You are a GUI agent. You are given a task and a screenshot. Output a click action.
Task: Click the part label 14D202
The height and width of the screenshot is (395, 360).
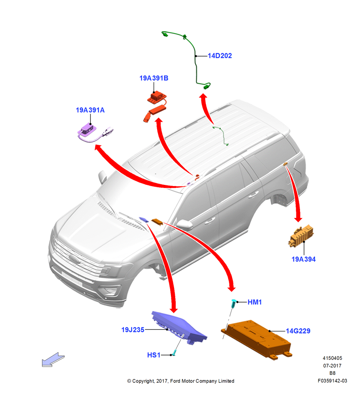(x=219, y=56)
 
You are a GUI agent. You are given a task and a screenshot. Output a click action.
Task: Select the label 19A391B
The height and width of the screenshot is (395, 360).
(x=154, y=78)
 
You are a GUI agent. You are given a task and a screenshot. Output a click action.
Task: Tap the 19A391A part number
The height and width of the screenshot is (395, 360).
(x=90, y=110)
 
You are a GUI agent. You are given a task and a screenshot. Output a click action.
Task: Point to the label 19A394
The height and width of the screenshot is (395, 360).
(x=304, y=259)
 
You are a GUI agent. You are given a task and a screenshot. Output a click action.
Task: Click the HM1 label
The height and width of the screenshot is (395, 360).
(x=255, y=302)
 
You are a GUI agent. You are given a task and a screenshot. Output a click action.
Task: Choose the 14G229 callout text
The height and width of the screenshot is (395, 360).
(x=298, y=331)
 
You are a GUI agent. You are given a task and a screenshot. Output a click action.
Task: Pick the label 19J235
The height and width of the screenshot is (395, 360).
(x=133, y=330)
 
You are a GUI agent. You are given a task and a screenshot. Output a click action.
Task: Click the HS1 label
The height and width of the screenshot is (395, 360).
(x=154, y=355)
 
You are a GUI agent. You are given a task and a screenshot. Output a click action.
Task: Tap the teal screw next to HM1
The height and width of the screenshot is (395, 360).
(x=234, y=303)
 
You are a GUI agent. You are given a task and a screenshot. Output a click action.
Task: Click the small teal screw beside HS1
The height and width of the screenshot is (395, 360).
(x=173, y=353)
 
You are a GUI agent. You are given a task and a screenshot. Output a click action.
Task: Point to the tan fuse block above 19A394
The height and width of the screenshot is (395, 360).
(x=301, y=236)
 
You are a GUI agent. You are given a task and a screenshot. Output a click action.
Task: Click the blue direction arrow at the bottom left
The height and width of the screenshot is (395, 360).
(x=53, y=359)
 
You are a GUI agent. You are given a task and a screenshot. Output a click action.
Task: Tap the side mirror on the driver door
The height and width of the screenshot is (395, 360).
(x=185, y=224)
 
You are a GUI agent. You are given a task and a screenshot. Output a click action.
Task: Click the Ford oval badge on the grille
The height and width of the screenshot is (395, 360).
(x=75, y=259)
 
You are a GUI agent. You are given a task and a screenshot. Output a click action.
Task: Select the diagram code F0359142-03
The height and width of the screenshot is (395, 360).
(x=332, y=381)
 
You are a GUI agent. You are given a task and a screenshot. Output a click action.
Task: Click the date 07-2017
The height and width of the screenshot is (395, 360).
(x=332, y=365)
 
